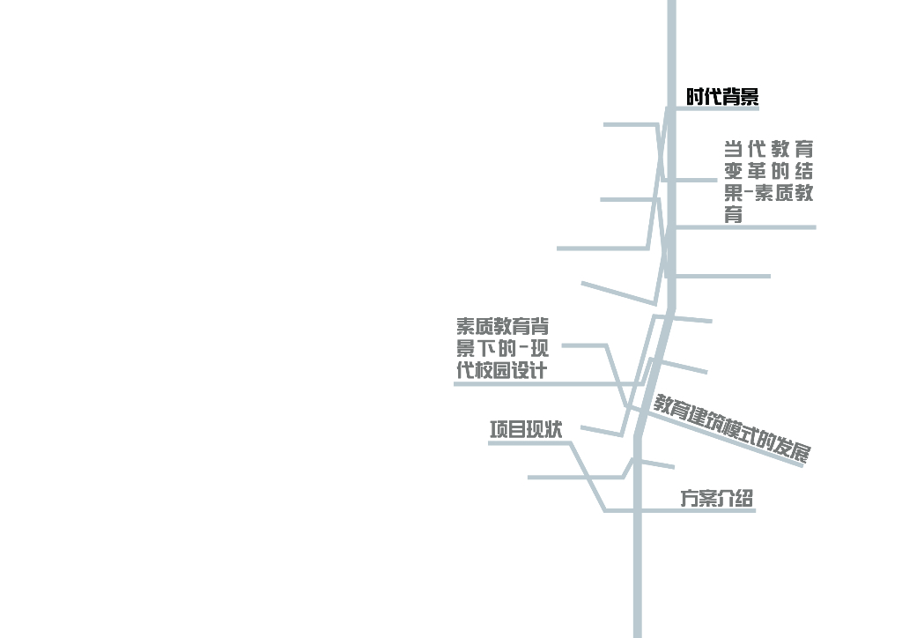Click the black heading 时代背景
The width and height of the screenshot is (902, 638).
722,97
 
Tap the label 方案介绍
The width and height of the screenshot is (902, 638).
716,498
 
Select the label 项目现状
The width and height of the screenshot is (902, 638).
526,430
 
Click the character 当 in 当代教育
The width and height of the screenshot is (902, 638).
733,149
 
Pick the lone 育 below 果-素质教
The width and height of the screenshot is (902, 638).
733,215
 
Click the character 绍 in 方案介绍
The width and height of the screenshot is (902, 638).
743,498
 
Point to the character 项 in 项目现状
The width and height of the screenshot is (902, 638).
499,430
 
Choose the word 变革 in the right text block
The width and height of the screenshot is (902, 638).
746,171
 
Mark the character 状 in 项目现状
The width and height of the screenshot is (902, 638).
553,430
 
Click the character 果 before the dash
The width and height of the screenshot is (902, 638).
733,193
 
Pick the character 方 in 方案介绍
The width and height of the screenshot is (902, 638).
689,498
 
